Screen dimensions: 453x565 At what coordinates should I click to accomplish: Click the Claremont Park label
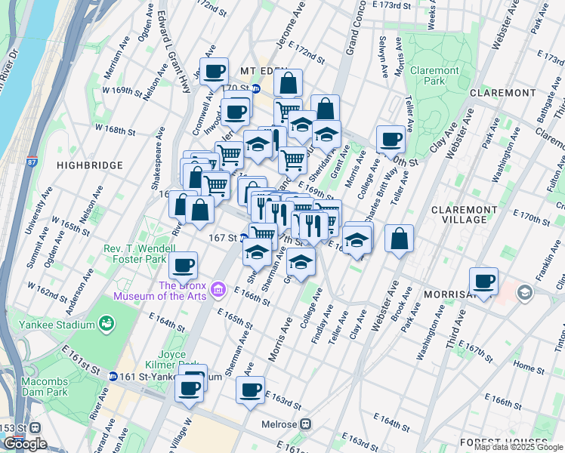click(434, 76)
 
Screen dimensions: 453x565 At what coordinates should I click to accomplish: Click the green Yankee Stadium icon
click(107, 324)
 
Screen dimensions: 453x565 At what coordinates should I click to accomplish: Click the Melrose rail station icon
click(306, 424)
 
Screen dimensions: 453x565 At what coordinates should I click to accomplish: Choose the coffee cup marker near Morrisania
click(484, 281)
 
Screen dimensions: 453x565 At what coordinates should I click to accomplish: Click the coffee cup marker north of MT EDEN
click(215, 72)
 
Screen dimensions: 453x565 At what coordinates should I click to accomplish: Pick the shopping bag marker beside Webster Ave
click(399, 239)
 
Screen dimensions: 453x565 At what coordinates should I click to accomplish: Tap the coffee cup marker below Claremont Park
click(391, 138)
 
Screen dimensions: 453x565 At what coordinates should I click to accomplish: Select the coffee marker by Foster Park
click(183, 265)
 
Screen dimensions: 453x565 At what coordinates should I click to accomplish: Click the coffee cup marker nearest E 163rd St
click(250, 390)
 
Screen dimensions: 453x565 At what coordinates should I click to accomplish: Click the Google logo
click(24, 443)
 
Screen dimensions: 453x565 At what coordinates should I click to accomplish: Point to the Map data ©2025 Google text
click(518, 447)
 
